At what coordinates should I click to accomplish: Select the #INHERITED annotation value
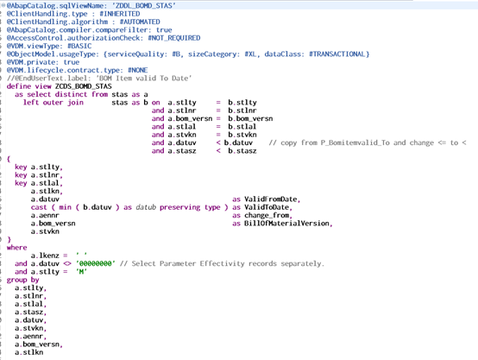pos(120,14)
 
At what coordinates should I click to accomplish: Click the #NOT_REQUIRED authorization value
pos(174,38)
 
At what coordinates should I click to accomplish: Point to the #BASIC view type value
pos(79,46)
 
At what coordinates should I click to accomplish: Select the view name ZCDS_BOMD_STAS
pos(84,86)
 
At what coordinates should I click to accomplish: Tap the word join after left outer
pos(75,103)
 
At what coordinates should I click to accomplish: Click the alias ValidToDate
pos(267,207)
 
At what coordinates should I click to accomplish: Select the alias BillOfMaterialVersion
pos(286,224)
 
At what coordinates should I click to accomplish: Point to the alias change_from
pos(267,215)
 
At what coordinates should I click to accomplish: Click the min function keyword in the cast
pos(65,207)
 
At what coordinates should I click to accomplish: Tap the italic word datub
pos(146,207)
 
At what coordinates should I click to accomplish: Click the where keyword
pos(16,248)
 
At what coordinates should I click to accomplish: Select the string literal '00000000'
pos(96,263)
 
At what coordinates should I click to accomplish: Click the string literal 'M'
pos(81,272)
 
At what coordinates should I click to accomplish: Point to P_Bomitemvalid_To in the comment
pos(355,142)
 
